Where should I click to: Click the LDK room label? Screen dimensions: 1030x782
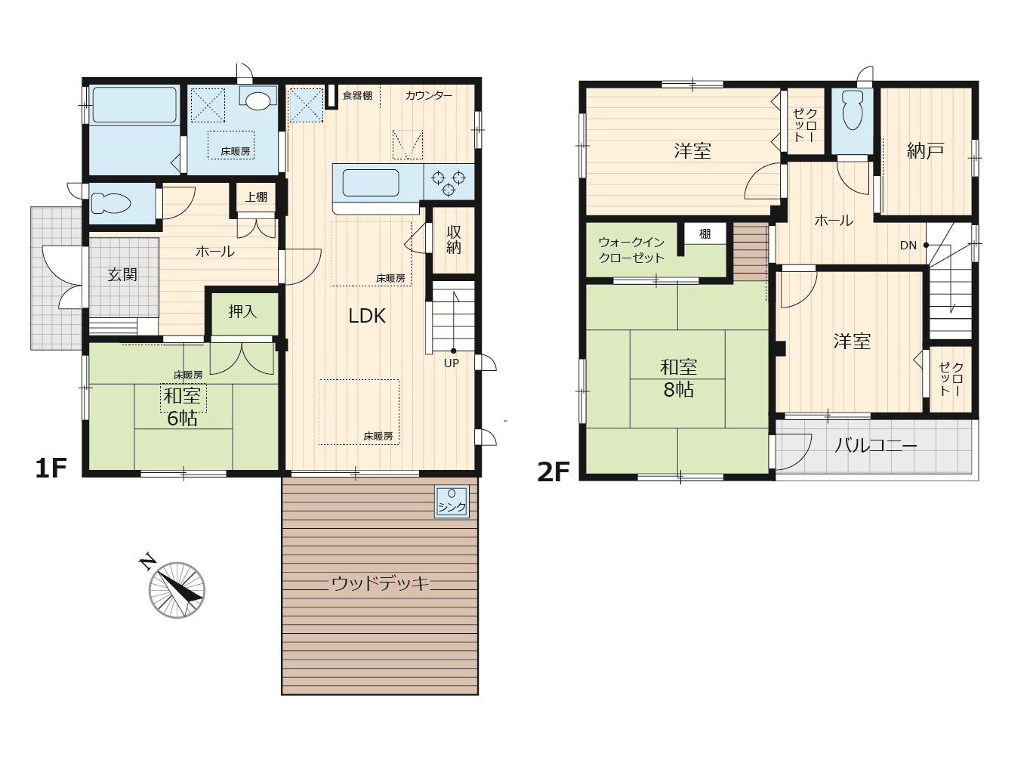(366, 316)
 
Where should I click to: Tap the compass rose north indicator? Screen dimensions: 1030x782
(177, 589)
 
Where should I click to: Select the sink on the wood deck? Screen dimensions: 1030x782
(452, 501)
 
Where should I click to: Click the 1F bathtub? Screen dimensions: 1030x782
(134, 105)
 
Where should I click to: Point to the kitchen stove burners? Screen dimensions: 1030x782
(449, 182)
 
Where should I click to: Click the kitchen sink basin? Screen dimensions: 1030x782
(371, 183)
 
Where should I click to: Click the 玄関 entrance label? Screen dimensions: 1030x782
(122, 274)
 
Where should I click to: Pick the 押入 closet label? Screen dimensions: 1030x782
(242, 311)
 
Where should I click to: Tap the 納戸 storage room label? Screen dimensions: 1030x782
(925, 150)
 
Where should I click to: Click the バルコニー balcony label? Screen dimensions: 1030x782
(876, 446)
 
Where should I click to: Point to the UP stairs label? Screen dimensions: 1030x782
(452, 363)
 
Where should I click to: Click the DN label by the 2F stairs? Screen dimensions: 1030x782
(908, 245)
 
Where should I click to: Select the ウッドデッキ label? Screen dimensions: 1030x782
(380, 583)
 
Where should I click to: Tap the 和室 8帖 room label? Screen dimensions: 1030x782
(679, 379)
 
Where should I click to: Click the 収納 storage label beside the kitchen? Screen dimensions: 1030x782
(453, 240)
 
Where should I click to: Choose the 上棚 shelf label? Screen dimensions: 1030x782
(256, 196)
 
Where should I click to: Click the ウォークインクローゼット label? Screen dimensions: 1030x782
(631, 250)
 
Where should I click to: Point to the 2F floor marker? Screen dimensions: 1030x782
(554, 471)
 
